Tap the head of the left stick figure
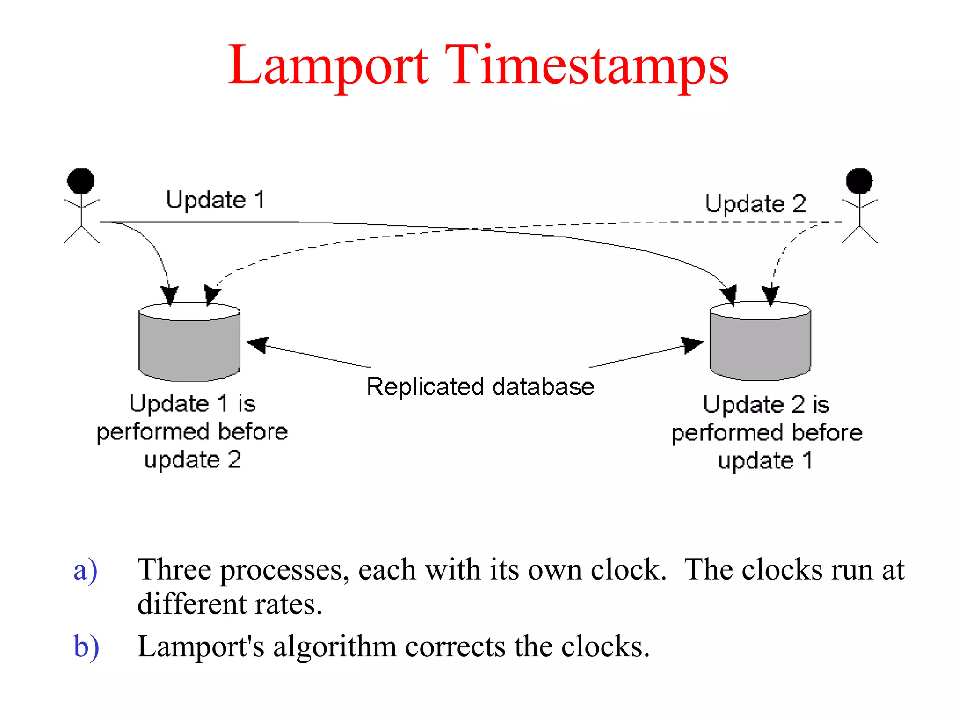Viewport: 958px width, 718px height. pyautogui.click(x=80, y=181)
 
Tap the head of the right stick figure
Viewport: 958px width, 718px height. pyautogui.click(x=859, y=181)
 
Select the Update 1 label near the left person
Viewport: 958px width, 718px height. pyautogui.click(x=216, y=200)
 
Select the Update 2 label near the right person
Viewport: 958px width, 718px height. pyautogui.click(x=755, y=204)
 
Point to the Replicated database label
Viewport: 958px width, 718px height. pyautogui.click(x=480, y=387)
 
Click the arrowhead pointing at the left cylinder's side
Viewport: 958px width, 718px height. pyautogui.click(x=257, y=345)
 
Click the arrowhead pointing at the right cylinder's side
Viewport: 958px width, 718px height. pyautogui.click(x=693, y=345)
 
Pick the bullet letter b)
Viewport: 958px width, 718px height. pyautogui.click(x=86, y=647)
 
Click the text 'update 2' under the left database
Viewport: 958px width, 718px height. pyautogui.click(x=193, y=460)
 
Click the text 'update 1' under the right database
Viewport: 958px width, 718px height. pyautogui.click(x=765, y=460)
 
